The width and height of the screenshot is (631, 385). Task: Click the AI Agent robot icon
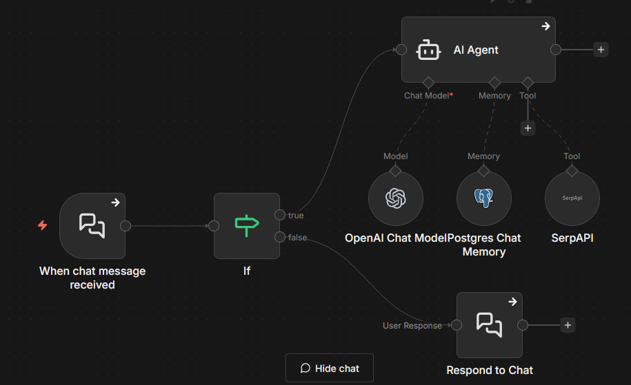pos(429,50)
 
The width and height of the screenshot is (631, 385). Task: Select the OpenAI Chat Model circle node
pos(395,198)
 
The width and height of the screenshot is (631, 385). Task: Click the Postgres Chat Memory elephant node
pos(483,198)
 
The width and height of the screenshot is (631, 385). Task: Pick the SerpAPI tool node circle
pos(572,198)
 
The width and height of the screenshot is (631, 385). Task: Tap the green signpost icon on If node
pos(246,225)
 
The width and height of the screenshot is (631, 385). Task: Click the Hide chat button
pos(330,368)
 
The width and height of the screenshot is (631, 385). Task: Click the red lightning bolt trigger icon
pos(43,225)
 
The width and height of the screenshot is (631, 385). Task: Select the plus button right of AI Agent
pos(601,50)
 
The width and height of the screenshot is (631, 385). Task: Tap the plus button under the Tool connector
pos(528,128)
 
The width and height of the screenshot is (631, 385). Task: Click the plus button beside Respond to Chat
pos(568,325)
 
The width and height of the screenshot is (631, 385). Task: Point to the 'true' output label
pos(296,216)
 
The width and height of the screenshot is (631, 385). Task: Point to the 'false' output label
pos(298,238)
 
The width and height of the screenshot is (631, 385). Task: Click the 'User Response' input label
pos(412,326)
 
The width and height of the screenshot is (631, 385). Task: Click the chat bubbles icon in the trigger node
pos(92,225)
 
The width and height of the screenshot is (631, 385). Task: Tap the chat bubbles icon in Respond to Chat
pos(490,324)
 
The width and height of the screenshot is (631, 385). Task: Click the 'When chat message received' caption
pos(92,278)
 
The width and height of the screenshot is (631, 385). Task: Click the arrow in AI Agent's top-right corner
pos(545,26)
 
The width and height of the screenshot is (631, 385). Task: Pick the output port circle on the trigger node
pos(126,225)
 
